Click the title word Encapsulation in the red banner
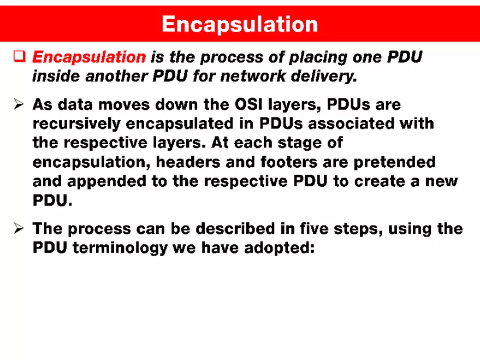pos(240,24)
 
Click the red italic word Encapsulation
pos(89,57)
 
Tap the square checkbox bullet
pos(19,56)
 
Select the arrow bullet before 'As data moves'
pos(19,104)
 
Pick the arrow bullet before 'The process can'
pos(19,228)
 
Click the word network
pos(252,76)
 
